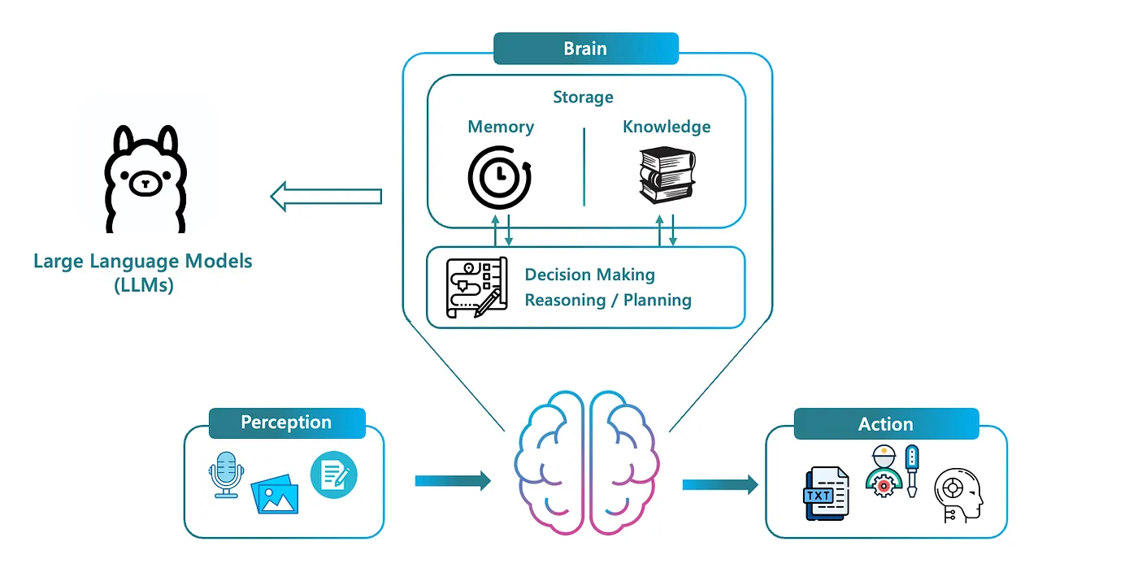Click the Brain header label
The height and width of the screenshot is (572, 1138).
(x=585, y=49)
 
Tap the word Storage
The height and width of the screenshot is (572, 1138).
(x=583, y=97)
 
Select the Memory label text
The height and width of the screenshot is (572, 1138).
(x=501, y=127)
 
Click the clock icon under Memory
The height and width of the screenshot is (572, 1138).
(x=500, y=175)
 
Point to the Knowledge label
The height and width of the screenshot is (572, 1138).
(x=667, y=127)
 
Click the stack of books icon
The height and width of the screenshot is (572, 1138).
(x=667, y=175)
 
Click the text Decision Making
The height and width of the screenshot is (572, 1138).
(x=590, y=275)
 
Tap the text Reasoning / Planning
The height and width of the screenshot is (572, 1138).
(x=608, y=300)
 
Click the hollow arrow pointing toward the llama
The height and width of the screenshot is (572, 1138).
(x=326, y=197)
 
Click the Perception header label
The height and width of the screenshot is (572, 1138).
(x=286, y=423)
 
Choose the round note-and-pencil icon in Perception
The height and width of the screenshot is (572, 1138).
(x=334, y=475)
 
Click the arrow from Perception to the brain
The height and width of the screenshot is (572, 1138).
(x=453, y=481)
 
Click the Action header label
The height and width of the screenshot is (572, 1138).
(x=886, y=424)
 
